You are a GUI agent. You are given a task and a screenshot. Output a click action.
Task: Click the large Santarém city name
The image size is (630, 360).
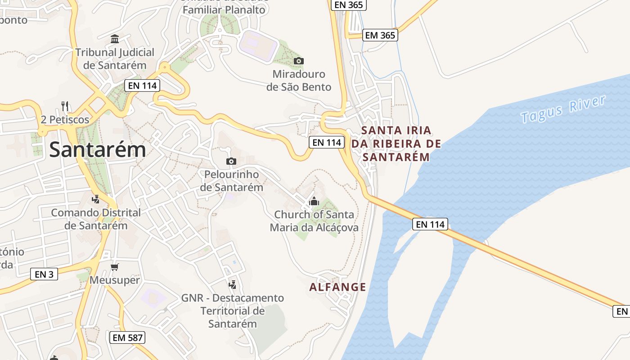[x=98, y=149]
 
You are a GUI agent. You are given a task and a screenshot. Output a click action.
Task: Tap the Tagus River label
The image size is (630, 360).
[x=563, y=109]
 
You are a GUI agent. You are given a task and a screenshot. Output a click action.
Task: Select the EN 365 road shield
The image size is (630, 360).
[x=349, y=5]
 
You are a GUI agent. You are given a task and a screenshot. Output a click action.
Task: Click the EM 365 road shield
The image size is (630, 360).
[x=380, y=35]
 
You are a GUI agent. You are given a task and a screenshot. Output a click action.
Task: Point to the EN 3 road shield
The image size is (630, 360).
[x=44, y=274]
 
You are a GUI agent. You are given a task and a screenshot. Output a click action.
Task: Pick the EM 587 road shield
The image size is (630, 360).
[x=127, y=337]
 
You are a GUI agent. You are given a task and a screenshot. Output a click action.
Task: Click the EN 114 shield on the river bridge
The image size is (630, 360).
[x=430, y=224]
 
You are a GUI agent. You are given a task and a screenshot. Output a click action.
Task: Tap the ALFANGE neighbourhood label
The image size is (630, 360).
[x=337, y=287]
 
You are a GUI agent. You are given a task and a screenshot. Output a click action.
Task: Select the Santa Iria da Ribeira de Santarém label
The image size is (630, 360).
[x=396, y=144]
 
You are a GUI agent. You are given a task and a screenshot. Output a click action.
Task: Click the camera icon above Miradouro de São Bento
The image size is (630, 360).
[x=298, y=61]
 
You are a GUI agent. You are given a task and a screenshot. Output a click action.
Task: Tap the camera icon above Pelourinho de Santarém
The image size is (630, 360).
[x=231, y=161]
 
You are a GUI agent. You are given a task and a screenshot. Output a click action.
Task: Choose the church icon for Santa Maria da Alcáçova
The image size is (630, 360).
[x=314, y=201]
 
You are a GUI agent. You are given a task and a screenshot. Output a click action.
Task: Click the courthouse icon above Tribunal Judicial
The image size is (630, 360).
[x=115, y=39]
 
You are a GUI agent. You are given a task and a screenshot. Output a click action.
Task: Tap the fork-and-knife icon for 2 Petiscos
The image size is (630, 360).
[x=65, y=107]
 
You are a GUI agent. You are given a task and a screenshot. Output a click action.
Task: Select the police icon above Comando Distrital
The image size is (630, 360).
[x=95, y=199]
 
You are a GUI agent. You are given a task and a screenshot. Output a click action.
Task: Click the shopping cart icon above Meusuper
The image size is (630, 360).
[x=114, y=267]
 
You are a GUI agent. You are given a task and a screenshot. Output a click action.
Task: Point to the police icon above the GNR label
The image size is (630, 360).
[x=233, y=284]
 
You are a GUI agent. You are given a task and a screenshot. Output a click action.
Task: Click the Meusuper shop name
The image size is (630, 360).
[x=114, y=280]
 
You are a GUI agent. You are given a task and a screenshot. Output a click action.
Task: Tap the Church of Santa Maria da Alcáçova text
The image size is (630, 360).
[x=314, y=221]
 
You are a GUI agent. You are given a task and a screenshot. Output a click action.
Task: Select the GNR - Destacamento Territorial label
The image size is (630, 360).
[x=233, y=310]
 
